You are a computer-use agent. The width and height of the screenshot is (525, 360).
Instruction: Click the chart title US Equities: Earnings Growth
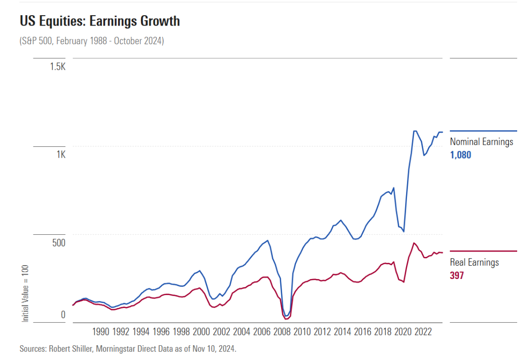tap(100, 22)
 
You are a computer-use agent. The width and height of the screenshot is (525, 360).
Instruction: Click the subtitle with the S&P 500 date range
tap(92, 41)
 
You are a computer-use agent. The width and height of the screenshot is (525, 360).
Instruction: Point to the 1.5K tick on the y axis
tap(57, 66)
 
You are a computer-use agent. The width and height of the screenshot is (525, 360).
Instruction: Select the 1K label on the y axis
tap(60, 154)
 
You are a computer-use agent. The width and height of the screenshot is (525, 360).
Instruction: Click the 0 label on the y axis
tap(62, 314)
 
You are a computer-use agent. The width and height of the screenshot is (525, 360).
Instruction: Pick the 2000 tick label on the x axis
tap(201, 332)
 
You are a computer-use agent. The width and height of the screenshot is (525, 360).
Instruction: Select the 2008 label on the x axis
tap(282, 332)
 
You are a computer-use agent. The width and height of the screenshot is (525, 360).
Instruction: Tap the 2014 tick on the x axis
tap(342, 332)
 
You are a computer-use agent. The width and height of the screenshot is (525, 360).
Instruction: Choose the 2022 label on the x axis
tap(423, 332)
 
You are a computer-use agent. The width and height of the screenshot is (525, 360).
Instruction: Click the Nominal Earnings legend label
tap(481, 142)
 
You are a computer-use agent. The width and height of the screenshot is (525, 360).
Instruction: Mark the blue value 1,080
tap(461, 155)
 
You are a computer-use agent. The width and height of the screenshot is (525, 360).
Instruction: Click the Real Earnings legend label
tap(474, 262)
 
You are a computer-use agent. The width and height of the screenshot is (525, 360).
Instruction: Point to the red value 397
tap(457, 276)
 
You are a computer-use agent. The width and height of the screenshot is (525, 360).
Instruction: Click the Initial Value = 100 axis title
tap(26, 293)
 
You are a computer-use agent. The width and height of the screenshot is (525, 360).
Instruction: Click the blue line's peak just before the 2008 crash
tap(267, 241)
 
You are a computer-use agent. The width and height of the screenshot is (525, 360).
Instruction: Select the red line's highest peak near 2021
tap(414, 243)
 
